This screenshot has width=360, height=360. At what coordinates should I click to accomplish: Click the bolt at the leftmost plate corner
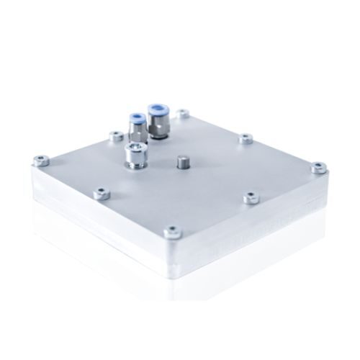click(42, 161)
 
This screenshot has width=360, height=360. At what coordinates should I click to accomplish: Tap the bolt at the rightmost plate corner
click(318, 168)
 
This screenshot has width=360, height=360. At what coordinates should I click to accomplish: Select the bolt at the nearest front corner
click(173, 232)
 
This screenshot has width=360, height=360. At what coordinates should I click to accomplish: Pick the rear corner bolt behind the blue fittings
click(183, 114)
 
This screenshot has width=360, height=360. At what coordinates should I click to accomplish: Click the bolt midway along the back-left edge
click(114, 135)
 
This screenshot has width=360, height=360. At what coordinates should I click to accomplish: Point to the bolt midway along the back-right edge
click(246, 138)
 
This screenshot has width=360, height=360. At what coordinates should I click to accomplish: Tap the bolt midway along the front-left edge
click(102, 193)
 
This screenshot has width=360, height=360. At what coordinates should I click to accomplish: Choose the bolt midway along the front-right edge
click(250, 197)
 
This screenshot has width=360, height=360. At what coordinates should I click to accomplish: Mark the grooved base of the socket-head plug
click(135, 163)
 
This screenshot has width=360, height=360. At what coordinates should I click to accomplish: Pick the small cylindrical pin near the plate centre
click(181, 161)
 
